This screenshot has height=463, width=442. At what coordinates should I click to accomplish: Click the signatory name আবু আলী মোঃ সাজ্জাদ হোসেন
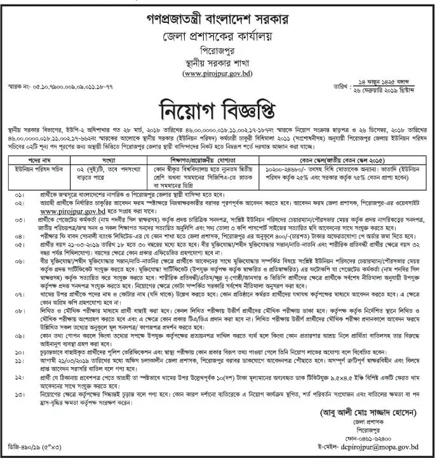coord(359,402)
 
